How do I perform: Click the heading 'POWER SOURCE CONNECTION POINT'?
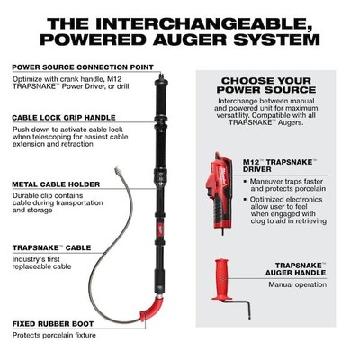[64, 66]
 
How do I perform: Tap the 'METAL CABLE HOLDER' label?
[49, 184]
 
